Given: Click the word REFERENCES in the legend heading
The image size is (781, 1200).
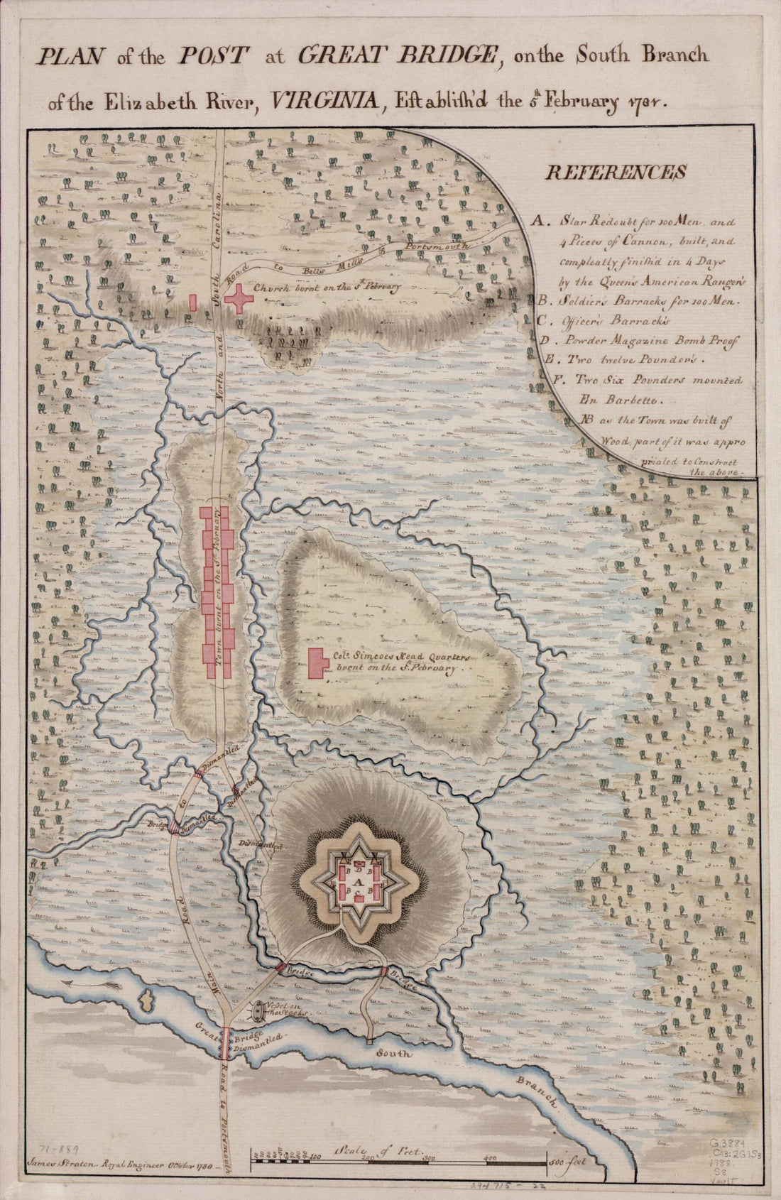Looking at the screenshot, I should coord(615,172).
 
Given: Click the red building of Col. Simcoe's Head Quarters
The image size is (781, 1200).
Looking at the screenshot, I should coord(317,663).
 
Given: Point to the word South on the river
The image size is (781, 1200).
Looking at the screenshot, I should coord(394,1054).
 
